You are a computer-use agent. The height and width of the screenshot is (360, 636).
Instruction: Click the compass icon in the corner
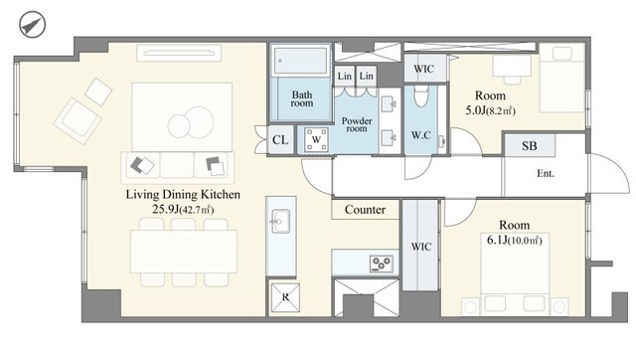33,24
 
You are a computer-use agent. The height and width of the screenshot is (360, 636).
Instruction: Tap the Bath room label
302,98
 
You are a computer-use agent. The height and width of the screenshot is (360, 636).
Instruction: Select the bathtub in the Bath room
300,61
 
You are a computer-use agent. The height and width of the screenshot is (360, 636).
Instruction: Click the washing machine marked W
316,139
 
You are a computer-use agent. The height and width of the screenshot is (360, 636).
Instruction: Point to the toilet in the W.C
421,95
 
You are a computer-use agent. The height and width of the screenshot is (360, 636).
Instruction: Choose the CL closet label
280,140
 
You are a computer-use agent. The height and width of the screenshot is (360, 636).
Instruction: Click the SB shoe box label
530,146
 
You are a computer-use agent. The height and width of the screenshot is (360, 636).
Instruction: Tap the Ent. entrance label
546,174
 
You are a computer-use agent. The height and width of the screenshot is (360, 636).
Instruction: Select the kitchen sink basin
280,221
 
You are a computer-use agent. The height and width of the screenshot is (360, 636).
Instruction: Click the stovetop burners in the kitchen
382,264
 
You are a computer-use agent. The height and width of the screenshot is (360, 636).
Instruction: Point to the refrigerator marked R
285,297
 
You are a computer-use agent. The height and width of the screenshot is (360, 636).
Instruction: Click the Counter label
365,210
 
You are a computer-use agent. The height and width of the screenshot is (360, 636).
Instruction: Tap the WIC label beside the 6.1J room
421,247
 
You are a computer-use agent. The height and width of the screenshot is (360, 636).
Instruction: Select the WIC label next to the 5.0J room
424,69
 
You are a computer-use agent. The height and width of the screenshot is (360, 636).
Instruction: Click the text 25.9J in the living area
166,209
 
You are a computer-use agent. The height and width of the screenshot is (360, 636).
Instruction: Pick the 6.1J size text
497,241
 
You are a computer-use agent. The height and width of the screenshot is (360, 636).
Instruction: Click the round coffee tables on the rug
191,122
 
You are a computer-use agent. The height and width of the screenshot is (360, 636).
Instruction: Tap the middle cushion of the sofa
177,165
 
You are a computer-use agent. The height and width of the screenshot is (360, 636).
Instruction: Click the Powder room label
357,124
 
